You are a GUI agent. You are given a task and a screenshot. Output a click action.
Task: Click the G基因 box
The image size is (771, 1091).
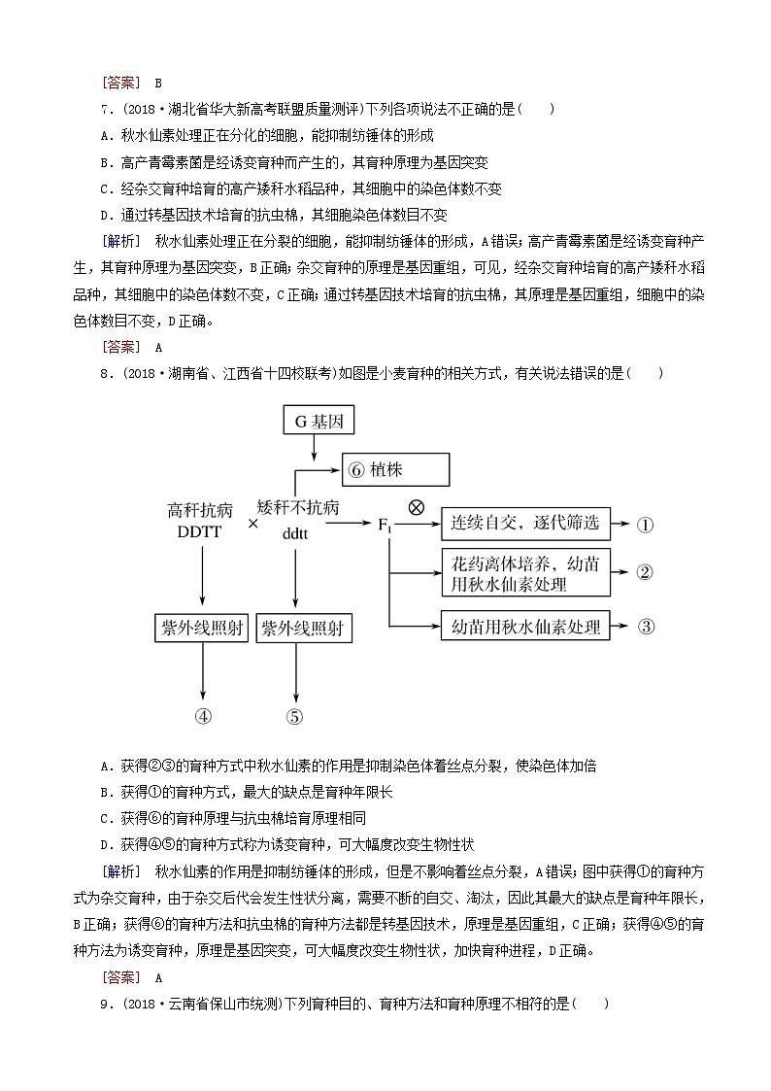[x=313, y=422]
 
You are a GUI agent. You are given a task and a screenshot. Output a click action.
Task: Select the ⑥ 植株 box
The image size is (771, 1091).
[x=395, y=470]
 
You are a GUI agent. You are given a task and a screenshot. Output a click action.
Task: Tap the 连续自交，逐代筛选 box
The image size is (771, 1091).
[x=524, y=525]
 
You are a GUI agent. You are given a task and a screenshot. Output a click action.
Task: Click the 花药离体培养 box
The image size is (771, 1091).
[x=524, y=573]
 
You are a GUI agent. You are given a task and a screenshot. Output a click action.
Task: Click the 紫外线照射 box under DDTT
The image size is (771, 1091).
[x=202, y=628]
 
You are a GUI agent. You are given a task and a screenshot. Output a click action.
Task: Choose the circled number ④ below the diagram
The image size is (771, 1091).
[x=203, y=717]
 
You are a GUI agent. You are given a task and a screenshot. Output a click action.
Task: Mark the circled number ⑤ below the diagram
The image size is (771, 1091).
[x=295, y=717]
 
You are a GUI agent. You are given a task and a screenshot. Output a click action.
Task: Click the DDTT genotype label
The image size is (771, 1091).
[x=200, y=531]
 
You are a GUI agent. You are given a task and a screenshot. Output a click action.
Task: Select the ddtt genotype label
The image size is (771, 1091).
[x=295, y=532]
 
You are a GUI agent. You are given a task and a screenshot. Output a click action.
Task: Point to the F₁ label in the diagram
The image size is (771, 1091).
[x=384, y=526]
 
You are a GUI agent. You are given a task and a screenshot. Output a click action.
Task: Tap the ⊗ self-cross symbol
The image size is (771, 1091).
[x=415, y=505]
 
